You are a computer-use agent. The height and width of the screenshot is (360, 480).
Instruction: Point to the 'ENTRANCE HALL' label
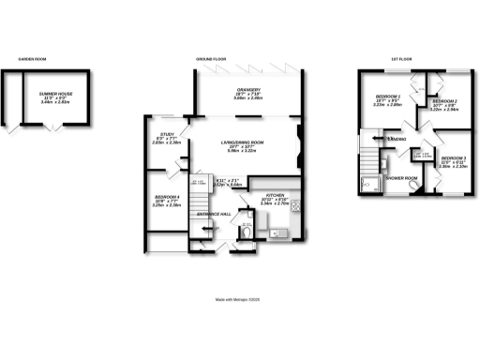coord(208,214)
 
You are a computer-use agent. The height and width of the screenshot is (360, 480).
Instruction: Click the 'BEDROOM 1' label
coord(387,97)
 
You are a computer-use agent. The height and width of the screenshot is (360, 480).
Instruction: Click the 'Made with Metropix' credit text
coord(239,300)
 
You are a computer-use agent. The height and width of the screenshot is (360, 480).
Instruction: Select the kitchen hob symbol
coord(294,204)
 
